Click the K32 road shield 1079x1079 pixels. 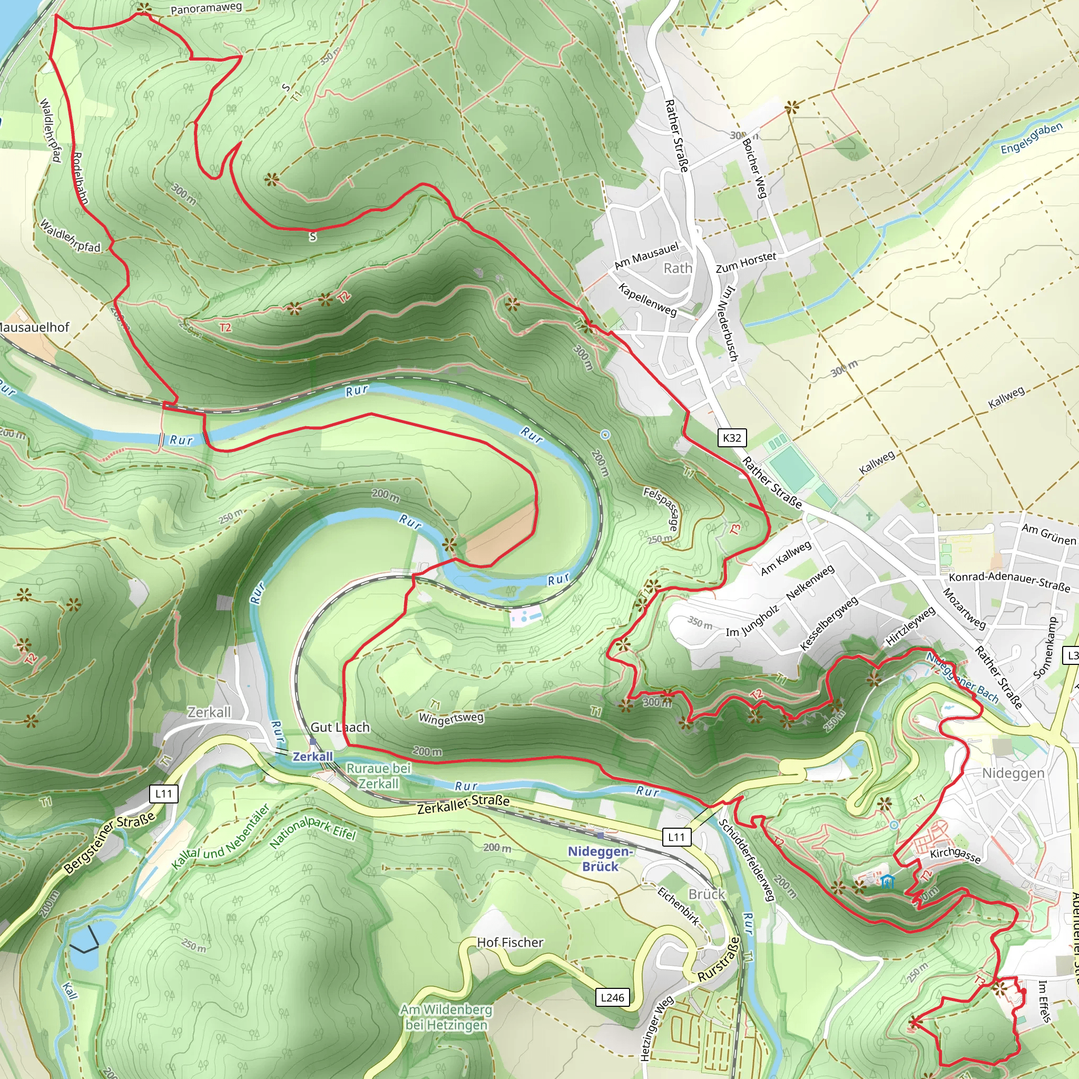click(732, 438)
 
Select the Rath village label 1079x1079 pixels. click(678, 268)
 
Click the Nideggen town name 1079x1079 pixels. click(1013, 773)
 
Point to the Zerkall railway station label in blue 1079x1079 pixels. click(313, 756)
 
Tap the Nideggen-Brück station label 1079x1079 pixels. click(600, 858)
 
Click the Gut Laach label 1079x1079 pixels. click(340, 727)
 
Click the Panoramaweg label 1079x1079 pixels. click(206, 8)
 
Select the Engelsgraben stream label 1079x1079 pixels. click(1031, 139)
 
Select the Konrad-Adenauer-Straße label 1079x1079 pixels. click(1009, 582)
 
